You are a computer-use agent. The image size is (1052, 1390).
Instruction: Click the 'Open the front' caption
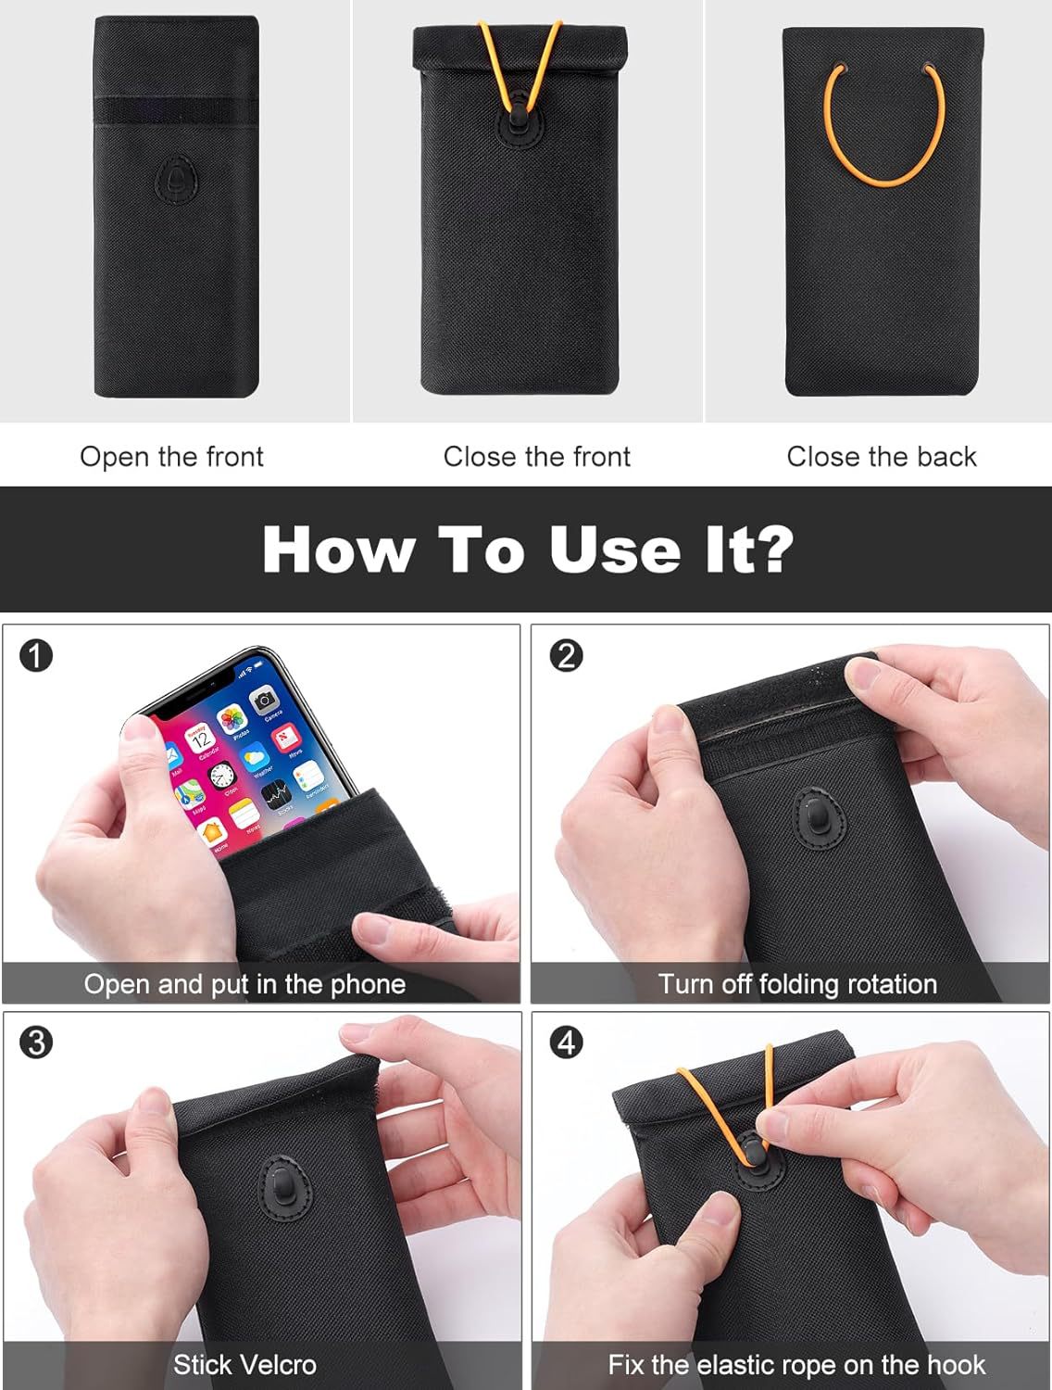(x=171, y=457)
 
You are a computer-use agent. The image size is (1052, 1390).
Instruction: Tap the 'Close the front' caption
(x=536, y=457)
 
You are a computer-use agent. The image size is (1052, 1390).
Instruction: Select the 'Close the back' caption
(x=882, y=457)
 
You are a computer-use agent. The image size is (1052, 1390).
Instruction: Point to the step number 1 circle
(x=36, y=656)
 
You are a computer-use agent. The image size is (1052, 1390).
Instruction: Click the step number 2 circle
(x=566, y=656)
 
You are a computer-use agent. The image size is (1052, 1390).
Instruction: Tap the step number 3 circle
(x=36, y=1042)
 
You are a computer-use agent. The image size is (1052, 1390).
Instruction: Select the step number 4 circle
(x=566, y=1042)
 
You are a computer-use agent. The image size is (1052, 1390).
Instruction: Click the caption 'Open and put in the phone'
(x=244, y=984)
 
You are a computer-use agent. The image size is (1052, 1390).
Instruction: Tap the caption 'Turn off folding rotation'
(x=797, y=984)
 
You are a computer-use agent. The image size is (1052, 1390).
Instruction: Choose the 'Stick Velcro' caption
(x=244, y=1365)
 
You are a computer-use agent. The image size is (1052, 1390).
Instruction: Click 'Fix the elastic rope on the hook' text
(x=796, y=1365)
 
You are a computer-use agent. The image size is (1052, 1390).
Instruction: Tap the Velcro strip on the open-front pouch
(x=176, y=111)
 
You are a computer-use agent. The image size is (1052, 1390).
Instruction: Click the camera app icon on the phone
(x=264, y=701)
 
